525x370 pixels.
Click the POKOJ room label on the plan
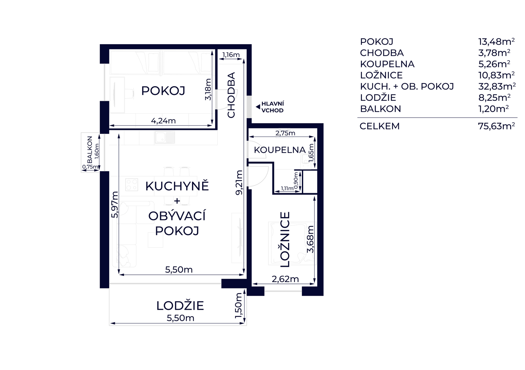163,91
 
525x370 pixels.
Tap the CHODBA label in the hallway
231,95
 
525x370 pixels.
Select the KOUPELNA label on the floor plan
280,150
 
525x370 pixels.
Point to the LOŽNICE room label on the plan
285,239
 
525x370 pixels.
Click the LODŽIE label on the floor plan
180,306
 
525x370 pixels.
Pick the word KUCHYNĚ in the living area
177,186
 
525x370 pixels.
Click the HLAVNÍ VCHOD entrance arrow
258,107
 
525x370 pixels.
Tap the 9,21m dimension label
239,182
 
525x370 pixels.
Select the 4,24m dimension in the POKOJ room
163,121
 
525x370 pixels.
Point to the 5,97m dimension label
115,205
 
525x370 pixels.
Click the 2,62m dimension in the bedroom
285,279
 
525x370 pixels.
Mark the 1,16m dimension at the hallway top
231,55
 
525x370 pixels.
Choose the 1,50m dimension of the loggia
238,305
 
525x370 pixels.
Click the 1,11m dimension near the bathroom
287,188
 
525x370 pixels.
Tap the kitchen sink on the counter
165,137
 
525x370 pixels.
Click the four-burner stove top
132,185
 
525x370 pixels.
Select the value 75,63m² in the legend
496,126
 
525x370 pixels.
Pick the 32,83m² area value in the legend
497,86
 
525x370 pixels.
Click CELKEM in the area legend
380,126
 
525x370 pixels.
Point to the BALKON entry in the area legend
381,109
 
